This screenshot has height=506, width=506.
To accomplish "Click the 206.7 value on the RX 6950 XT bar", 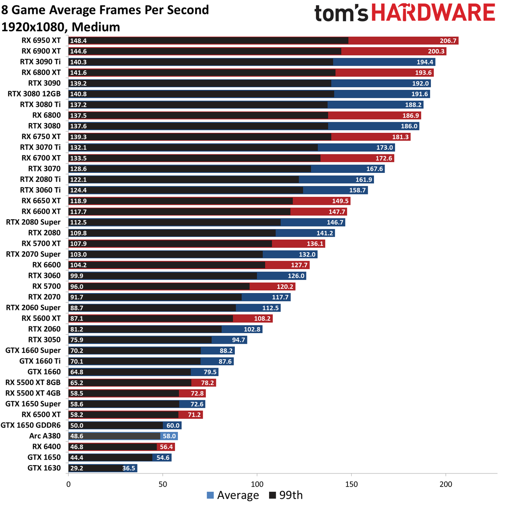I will (x=448, y=41).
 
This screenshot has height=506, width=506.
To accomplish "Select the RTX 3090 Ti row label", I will (x=40, y=62).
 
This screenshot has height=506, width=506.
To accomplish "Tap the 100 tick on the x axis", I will (x=257, y=484).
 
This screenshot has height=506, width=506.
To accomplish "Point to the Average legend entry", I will (x=233, y=495).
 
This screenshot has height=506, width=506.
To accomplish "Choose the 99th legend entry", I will (x=286, y=495).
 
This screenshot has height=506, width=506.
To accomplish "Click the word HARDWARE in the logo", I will (x=433, y=13).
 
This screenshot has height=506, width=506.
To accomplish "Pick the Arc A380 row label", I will (x=45, y=436).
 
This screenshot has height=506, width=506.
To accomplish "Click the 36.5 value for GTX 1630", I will (x=129, y=468).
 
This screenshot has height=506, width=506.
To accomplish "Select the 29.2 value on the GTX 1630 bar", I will (x=77, y=468).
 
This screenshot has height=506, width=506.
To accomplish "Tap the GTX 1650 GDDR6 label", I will (x=31, y=425).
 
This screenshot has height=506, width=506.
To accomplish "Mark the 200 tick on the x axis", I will (x=446, y=484).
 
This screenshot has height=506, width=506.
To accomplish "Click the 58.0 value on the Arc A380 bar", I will (x=169, y=436).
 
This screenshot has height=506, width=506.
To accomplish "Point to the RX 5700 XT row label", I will (x=41, y=244).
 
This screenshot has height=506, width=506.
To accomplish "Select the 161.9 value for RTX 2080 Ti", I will (x=364, y=180).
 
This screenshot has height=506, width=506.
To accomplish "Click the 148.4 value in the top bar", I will (x=78, y=41).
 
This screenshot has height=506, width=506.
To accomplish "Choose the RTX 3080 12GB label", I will (x=34, y=94).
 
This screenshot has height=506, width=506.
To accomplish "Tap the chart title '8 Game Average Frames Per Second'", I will (x=105, y=10).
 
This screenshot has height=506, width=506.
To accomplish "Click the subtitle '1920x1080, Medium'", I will (x=61, y=27).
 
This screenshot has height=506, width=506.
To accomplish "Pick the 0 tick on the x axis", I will (x=68, y=484).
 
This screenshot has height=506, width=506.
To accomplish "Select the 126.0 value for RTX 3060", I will (x=296, y=276).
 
